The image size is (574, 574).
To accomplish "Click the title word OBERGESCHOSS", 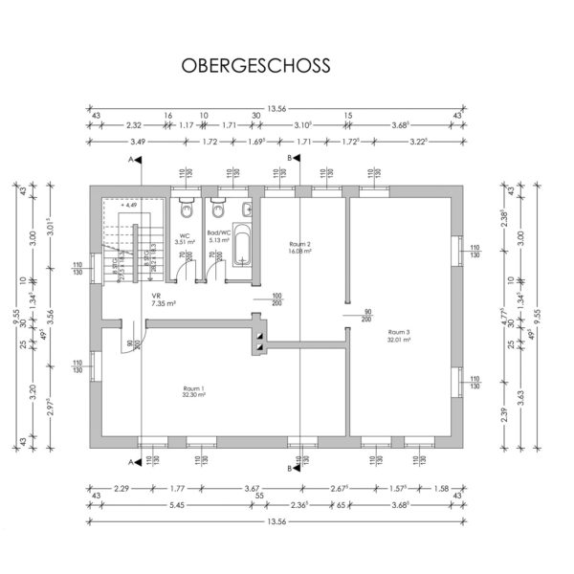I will pyautogui.click(x=255, y=66).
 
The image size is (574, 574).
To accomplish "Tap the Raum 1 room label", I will pyautogui.click(x=194, y=387).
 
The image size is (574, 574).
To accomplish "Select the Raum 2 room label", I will pyautogui.click(x=300, y=244).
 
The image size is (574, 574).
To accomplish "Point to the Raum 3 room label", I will pyautogui.click(x=399, y=332).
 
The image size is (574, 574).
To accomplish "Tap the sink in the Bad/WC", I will pyautogui.click(x=247, y=210).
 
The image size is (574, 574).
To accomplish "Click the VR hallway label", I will pyautogui.click(x=155, y=297).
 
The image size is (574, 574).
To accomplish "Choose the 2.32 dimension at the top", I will pyautogui.click(x=134, y=124).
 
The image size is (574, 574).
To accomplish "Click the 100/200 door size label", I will pyautogui.click(x=277, y=298).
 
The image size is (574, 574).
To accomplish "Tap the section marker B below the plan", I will pyautogui.click(x=289, y=468).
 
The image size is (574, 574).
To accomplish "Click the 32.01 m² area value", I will pyautogui.click(x=399, y=340).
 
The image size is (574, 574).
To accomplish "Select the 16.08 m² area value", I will pyautogui.click(x=300, y=251).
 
